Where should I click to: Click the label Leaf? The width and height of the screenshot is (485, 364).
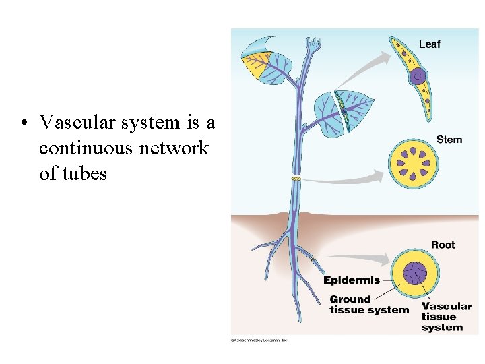point(429,44)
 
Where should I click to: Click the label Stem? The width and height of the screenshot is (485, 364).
point(449,140)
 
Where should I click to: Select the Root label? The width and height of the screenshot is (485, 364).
point(443,245)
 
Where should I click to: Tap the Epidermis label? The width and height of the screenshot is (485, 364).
point(352,280)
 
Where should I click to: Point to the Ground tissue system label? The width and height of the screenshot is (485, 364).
point(368,305)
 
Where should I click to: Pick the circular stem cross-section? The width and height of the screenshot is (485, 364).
point(413,164)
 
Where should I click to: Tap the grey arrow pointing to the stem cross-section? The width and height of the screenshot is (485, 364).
point(344,179)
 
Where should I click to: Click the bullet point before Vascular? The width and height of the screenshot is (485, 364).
point(24,123)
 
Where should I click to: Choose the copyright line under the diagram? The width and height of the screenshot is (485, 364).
point(259,340)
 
